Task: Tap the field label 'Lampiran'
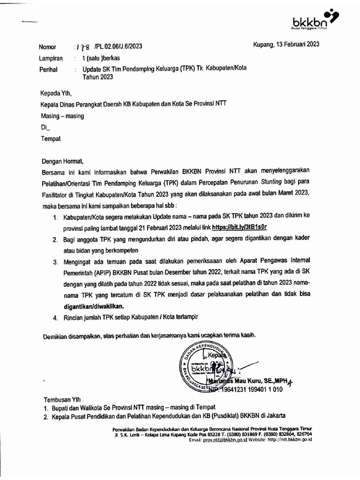pos(51,59)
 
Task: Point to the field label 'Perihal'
pos(49,70)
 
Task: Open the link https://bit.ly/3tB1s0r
pos(240,227)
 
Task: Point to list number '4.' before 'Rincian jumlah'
pos(55,317)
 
